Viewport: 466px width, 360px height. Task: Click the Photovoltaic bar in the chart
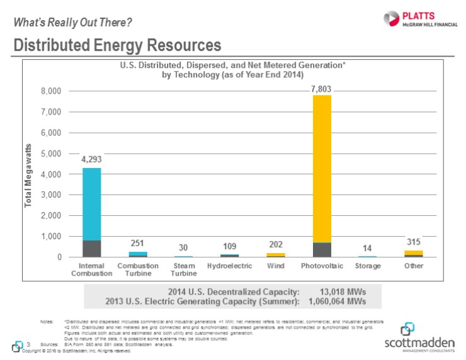click(322, 176)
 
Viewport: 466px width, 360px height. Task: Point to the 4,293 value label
click(92, 160)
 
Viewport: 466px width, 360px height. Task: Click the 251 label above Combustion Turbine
click(138, 244)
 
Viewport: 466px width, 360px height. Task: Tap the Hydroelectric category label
click(229, 266)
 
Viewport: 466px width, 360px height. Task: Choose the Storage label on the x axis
click(368, 266)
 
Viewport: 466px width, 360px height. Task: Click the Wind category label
click(275, 266)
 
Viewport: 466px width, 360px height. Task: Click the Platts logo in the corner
click(411, 18)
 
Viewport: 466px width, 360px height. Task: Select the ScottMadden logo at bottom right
click(417, 337)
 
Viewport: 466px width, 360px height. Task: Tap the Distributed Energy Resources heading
click(117, 45)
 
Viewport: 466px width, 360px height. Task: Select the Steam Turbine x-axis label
click(184, 270)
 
